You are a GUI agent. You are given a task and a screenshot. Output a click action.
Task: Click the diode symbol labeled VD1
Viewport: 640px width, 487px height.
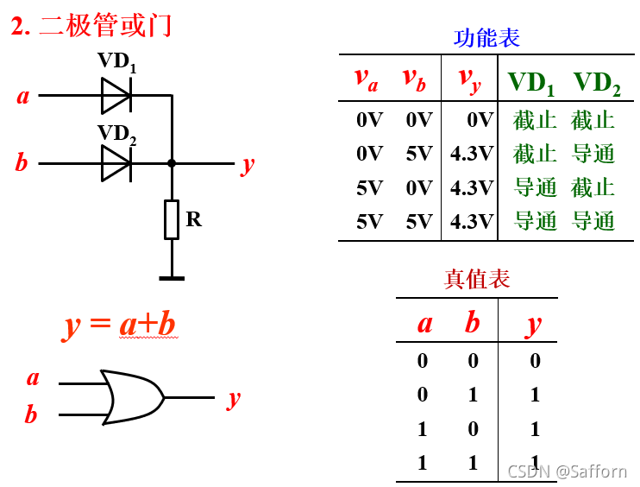(116, 95)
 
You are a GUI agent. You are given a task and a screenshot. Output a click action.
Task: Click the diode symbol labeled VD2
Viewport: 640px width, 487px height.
(116, 162)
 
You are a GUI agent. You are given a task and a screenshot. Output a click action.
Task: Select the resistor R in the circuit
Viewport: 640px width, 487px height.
(172, 219)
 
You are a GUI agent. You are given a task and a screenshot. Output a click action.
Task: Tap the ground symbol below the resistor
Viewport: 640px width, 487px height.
(172, 278)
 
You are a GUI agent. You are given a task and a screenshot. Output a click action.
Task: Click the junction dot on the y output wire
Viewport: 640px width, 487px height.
(172, 162)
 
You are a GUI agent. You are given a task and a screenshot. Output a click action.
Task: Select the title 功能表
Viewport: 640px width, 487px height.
(486, 38)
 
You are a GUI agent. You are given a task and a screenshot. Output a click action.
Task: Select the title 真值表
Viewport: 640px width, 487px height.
(477, 278)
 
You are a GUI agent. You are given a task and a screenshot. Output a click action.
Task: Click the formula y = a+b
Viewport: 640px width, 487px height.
(121, 325)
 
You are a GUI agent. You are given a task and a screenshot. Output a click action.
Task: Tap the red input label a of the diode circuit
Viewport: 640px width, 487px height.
(23, 95)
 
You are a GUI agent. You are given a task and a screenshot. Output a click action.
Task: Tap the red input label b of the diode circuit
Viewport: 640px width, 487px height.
(22, 162)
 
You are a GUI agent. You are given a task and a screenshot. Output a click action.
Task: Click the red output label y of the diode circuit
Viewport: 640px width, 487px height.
(248, 163)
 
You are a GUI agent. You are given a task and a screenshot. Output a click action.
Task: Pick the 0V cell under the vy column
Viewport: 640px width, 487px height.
(480, 120)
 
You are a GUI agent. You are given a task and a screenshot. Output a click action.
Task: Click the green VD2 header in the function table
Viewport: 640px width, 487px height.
(597, 82)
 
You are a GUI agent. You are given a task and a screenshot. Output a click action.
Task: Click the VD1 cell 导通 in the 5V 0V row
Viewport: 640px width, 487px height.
(536, 187)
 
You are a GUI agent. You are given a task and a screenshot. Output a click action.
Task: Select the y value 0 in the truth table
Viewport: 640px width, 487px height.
(535, 360)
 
